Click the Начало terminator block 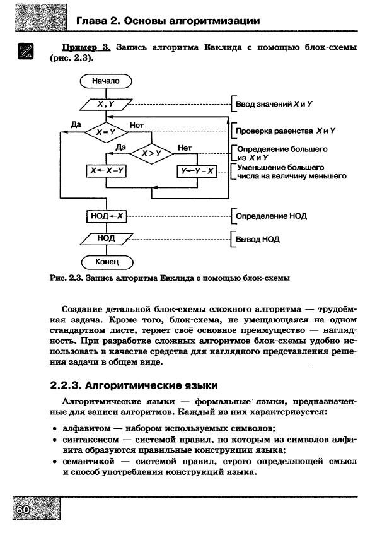[x=105, y=81]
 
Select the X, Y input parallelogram [x=105, y=104]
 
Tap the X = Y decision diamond [x=105, y=132]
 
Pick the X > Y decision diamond [x=151, y=153]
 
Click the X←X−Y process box [x=105, y=171]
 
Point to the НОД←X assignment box [x=105, y=216]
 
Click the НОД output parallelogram [x=105, y=238]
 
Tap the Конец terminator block [x=105, y=261]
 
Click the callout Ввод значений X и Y [x=274, y=104]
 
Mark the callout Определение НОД [x=272, y=216]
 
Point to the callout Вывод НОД [x=258, y=240]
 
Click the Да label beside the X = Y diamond [x=76, y=125]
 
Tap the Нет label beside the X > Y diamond [x=185, y=148]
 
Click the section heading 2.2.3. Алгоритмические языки [x=134, y=385]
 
